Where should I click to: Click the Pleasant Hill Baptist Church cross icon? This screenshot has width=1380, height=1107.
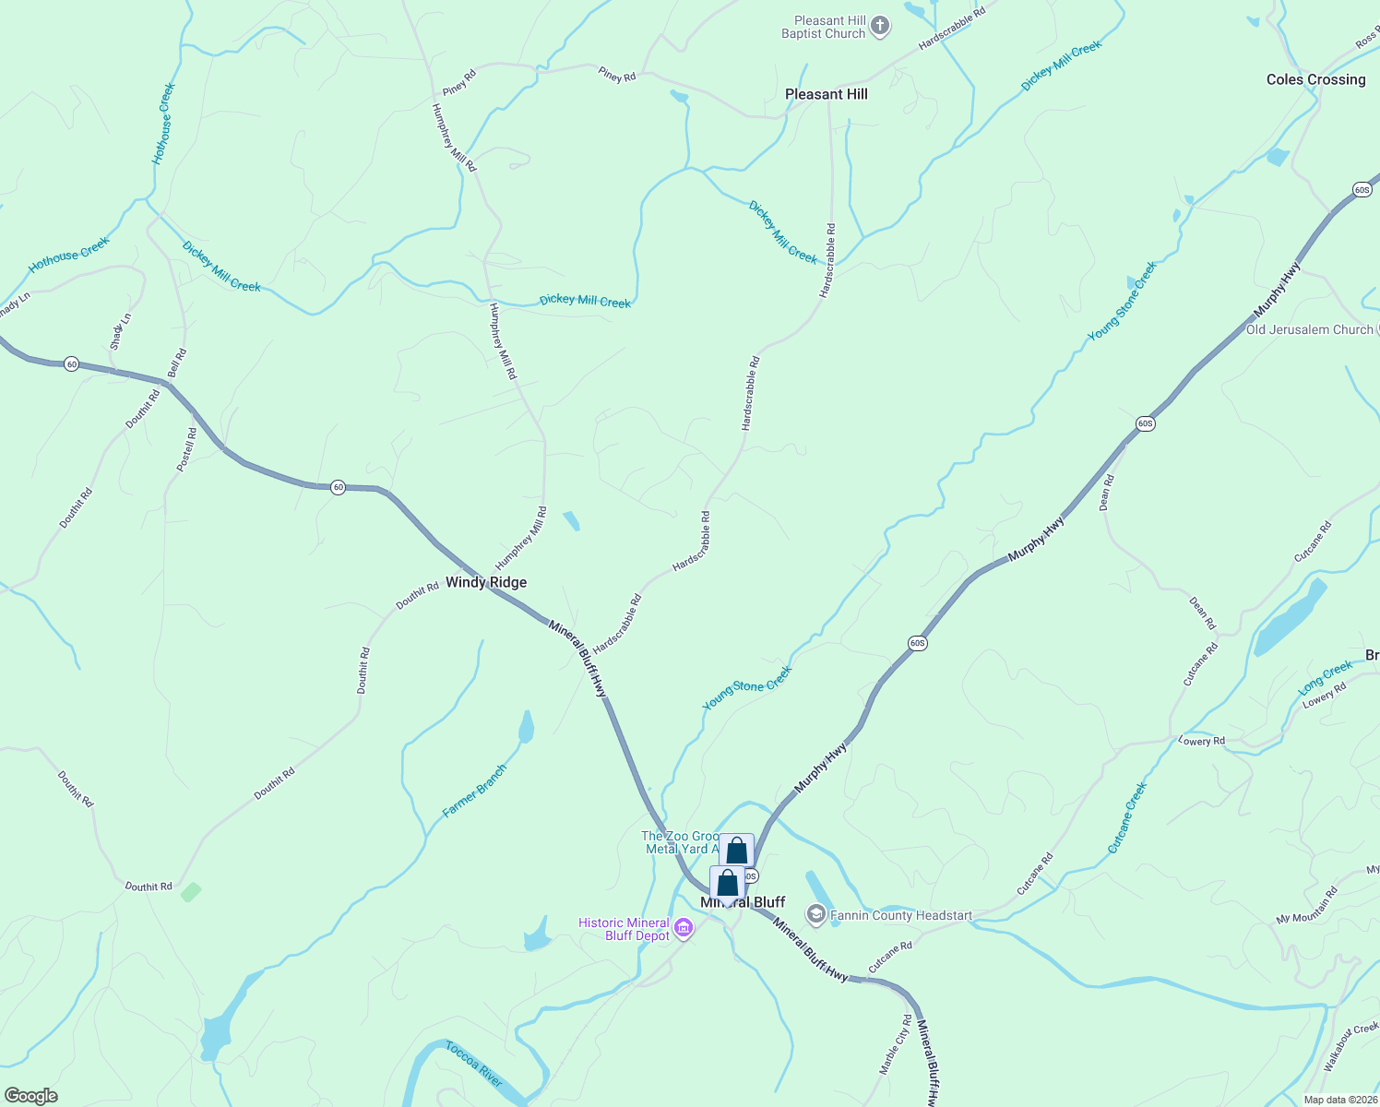tap(880, 26)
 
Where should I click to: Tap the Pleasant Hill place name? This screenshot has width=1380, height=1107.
tap(826, 94)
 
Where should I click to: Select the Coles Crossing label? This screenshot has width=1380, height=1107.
tap(1315, 80)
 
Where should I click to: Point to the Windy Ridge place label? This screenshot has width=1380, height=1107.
tap(486, 582)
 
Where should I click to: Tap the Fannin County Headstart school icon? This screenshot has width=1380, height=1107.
tap(815, 914)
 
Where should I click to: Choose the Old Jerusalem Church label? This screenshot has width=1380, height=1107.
tap(1309, 329)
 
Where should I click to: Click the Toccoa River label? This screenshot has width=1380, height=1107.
tap(474, 1063)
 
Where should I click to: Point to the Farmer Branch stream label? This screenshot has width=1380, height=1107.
tap(474, 791)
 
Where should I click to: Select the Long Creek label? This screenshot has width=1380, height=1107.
tap(1325, 678)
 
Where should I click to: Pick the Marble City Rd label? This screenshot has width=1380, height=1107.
tap(895, 1044)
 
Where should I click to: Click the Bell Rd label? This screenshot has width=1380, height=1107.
tap(177, 363)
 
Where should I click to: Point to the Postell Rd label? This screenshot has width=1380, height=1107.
tap(186, 449)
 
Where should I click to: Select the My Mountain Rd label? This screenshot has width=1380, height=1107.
tap(1306, 906)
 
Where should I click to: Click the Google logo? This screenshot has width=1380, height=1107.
tap(31, 1095)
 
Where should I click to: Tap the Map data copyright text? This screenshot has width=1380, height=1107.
tap(1339, 1100)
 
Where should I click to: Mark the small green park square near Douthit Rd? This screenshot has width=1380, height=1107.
tap(191, 892)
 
